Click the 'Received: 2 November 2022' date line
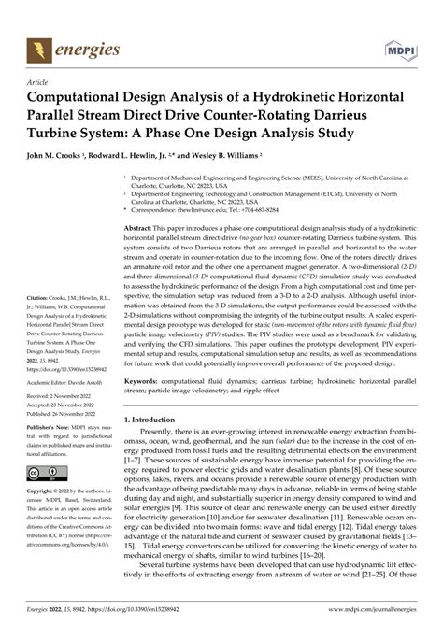coord(66,397)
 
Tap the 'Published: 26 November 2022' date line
coord(68,414)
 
